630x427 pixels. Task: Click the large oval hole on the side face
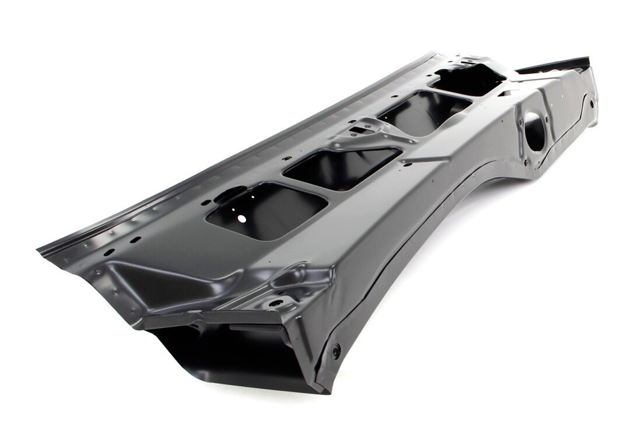click(x=535, y=131)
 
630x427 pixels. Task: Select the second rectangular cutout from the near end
click(x=342, y=167)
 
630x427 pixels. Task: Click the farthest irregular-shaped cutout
click(x=467, y=79)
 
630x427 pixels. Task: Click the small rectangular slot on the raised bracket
click(x=358, y=130)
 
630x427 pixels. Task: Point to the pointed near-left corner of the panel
click(x=41, y=249)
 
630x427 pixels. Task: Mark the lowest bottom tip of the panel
click(x=322, y=392)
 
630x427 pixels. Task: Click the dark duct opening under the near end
click(x=223, y=357)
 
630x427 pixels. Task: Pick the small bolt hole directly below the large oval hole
click(x=525, y=162)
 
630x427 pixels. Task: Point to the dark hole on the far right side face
click(x=592, y=103)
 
